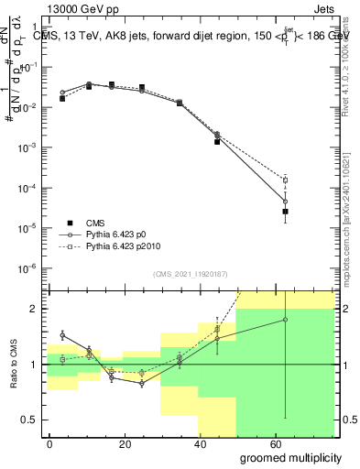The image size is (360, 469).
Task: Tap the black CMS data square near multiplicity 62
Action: (x=286, y=212)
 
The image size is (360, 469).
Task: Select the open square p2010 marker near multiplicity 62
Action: (x=286, y=180)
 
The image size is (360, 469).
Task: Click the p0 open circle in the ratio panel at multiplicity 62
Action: (x=286, y=320)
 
